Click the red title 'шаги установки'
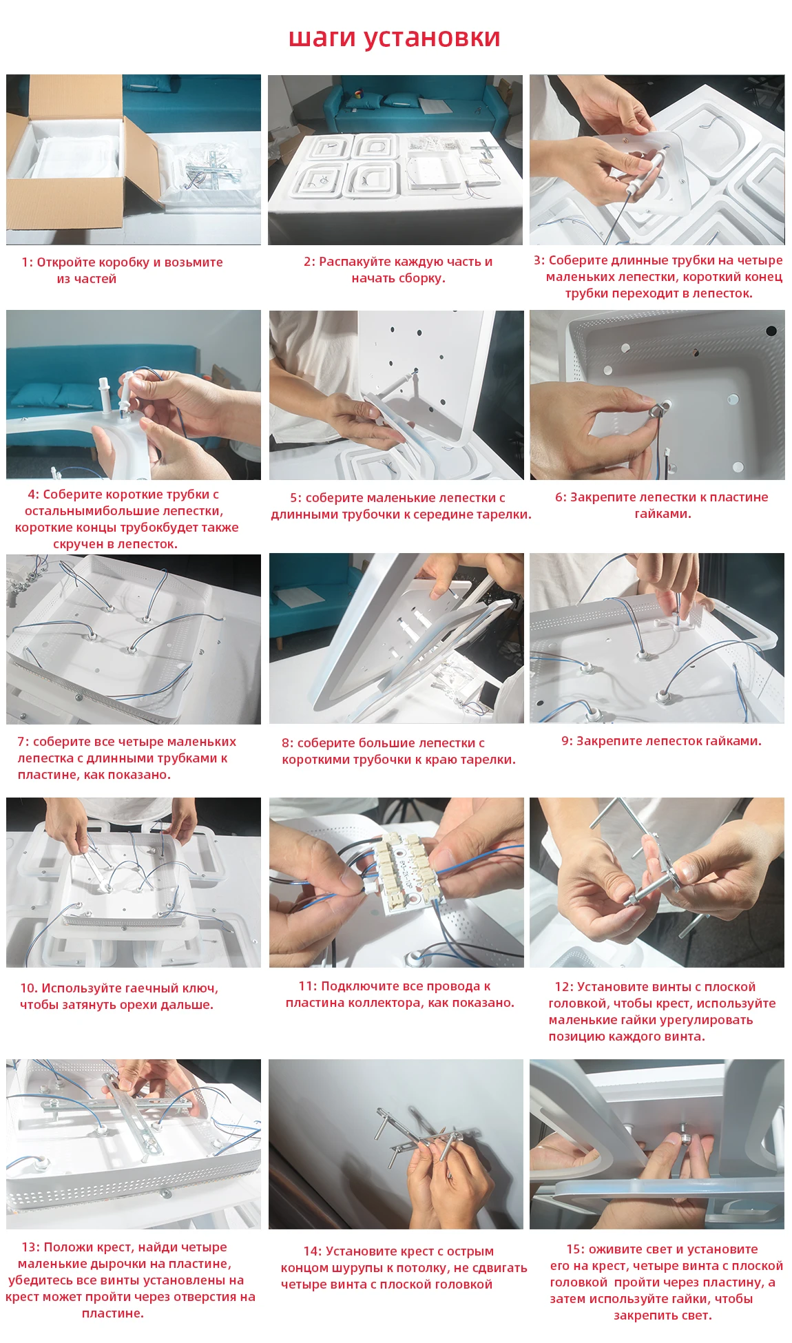[394, 38]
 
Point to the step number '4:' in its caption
[33, 494]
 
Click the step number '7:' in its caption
[23, 742]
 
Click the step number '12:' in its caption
[564, 987]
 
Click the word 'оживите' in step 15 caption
[614, 1249]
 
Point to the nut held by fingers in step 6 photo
[652, 408]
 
